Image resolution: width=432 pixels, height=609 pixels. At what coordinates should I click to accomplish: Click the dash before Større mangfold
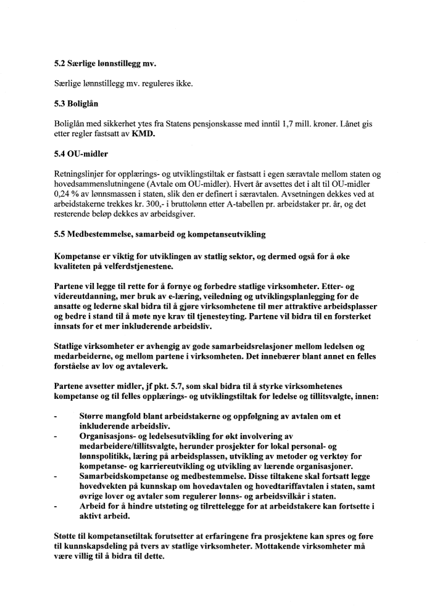point(56,418)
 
